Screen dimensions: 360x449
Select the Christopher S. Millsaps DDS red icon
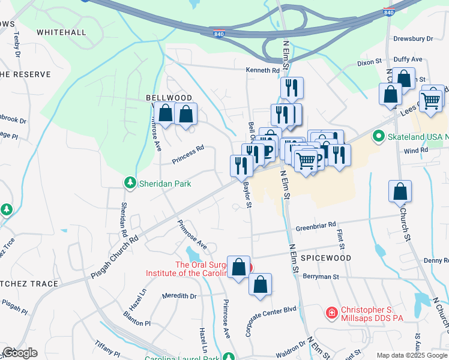[331, 313]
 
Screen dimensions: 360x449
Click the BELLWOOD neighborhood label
[169, 98]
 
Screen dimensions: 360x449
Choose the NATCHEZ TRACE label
[29, 284]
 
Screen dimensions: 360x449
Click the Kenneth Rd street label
[262, 70]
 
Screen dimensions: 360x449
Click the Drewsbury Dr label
[413, 38]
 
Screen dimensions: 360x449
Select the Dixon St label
[369, 62]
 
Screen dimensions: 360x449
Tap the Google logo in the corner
[20, 353]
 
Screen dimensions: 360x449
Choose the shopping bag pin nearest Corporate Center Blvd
[260, 286]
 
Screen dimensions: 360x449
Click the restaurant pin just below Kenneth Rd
[292, 88]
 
